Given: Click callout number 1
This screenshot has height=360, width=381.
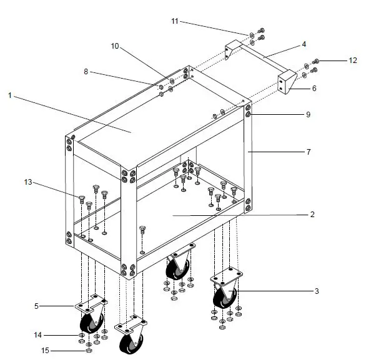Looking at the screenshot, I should (10, 95).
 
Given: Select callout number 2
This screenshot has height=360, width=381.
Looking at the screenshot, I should (312, 214).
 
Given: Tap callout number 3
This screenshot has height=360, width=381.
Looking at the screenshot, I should (317, 291).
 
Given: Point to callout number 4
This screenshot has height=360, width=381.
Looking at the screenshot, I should (304, 44).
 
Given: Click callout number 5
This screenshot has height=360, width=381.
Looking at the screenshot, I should (36, 306).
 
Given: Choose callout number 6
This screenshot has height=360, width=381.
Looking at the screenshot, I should (314, 89).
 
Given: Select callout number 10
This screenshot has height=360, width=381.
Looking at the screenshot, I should (114, 46).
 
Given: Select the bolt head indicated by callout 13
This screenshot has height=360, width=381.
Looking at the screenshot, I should (81, 198).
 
